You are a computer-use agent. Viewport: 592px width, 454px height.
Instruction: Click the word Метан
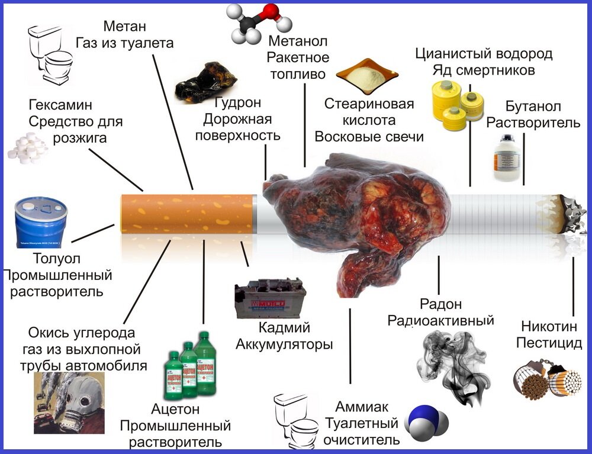click(124, 27)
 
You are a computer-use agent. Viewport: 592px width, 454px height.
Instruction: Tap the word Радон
click(440, 305)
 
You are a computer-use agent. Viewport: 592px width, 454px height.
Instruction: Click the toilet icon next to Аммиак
click(296, 421)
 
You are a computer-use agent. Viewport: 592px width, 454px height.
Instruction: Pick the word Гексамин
click(61, 105)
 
